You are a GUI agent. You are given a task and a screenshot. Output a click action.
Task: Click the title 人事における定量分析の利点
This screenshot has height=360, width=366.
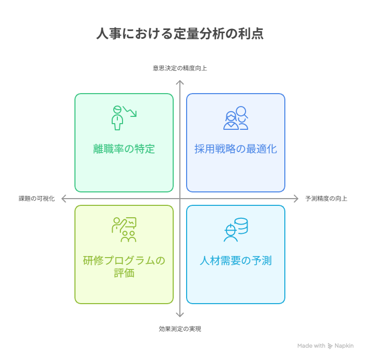point(180,34)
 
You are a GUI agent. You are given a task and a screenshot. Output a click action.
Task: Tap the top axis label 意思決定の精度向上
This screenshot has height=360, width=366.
point(180,68)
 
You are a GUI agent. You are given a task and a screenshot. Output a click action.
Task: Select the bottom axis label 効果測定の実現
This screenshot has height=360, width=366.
point(180,329)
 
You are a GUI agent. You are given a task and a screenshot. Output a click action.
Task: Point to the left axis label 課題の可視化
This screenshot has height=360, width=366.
point(37,199)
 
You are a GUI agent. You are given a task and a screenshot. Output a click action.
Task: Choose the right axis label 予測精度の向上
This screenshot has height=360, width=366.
point(326,199)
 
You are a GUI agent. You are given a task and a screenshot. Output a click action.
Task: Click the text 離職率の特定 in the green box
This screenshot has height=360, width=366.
point(124,149)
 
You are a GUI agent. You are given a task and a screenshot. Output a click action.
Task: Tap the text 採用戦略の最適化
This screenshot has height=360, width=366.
point(236,149)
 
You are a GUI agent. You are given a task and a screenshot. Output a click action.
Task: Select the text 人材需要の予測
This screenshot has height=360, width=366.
point(236,261)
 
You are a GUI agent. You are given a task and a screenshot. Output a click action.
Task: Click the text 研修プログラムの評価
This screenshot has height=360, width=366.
point(124,267)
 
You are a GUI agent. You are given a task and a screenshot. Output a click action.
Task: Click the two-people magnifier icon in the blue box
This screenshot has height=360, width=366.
point(236,118)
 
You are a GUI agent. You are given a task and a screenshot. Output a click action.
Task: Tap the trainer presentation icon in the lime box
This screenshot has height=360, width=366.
point(124,230)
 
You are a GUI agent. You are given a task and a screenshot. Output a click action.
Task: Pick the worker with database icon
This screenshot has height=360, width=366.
point(236,230)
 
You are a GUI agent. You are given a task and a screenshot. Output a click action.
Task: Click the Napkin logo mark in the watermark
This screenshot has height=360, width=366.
point(330,346)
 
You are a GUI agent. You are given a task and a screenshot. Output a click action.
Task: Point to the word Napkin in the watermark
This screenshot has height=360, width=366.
point(344,346)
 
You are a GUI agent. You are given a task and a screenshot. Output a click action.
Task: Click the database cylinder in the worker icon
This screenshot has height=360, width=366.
point(241,226)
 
